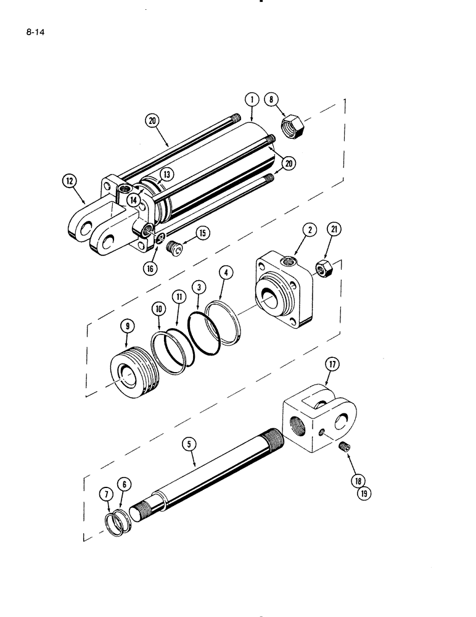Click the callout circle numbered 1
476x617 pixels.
(x=252, y=99)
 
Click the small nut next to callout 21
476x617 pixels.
(x=321, y=269)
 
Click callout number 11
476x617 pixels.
(x=179, y=297)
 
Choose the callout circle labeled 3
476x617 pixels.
(x=199, y=288)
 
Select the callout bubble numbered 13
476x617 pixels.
(x=166, y=175)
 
